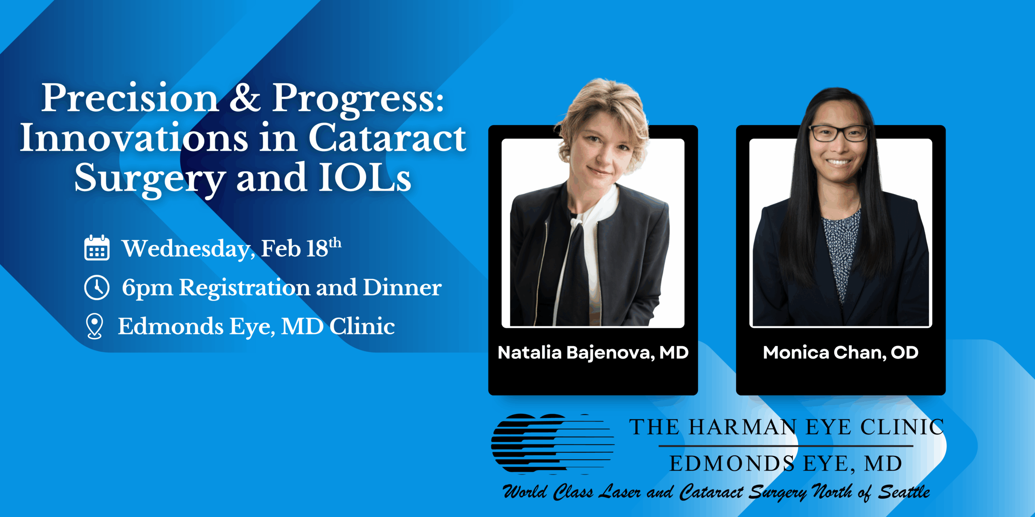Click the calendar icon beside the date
pyautogui.click(x=97, y=248)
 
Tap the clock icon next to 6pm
pyautogui.click(x=97, y=288)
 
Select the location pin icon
pyautogui.click(x=95, y=326)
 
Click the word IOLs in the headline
pyautogui.click(x=365, y=177)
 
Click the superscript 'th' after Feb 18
pyautogui.click(x=335, y=243)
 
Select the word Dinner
pyautogui.click(x=402, y=288)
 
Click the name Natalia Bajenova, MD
pyautogui.click(x=593, y=353)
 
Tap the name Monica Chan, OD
pyautogui.click(x=841, y=353)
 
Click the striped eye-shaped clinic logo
pyautogui.click(x=553, y=444)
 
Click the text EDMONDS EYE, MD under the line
pyautogui.click(x=786, y=463)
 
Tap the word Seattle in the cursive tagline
pyautogui.click(x=904, y=492)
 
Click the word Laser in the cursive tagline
pyautogui.click(x=619, y=492)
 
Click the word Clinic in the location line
pyautogui.click(x=362, y=326)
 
